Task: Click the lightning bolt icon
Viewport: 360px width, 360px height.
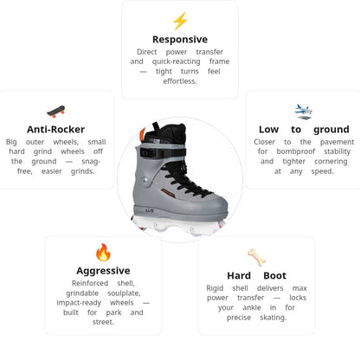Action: (x=180, y=21)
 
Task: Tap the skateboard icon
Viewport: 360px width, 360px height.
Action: (x=56, y=112)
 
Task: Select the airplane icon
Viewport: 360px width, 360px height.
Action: (x=303, y=112)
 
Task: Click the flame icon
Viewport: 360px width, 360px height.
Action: (x=103, y=252)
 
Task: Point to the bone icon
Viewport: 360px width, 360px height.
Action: (x=257, y=257)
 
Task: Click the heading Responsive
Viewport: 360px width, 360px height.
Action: (x=180, y=39)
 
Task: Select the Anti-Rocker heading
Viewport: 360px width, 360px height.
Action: (x=55, y=129)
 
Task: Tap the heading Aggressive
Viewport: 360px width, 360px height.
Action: (x=103, y=271)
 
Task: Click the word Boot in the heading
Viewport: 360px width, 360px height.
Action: (x=274, y=275)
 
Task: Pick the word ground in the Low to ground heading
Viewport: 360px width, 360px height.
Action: (x=331, y=130)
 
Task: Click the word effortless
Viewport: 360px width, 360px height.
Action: (x=180, y=81)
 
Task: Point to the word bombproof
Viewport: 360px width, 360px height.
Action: (x=295, y=151)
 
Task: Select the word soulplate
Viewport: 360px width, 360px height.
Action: (x=124, y=293)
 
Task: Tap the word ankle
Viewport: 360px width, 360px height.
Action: (x=252, y=307)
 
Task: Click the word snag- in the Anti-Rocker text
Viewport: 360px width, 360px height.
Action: (x=91, y=162)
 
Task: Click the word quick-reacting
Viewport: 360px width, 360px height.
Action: (x=176, y=61)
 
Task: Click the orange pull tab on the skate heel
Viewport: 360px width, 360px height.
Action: (x=142, y=134)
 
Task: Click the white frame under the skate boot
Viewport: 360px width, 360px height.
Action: (x=178, y=224)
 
